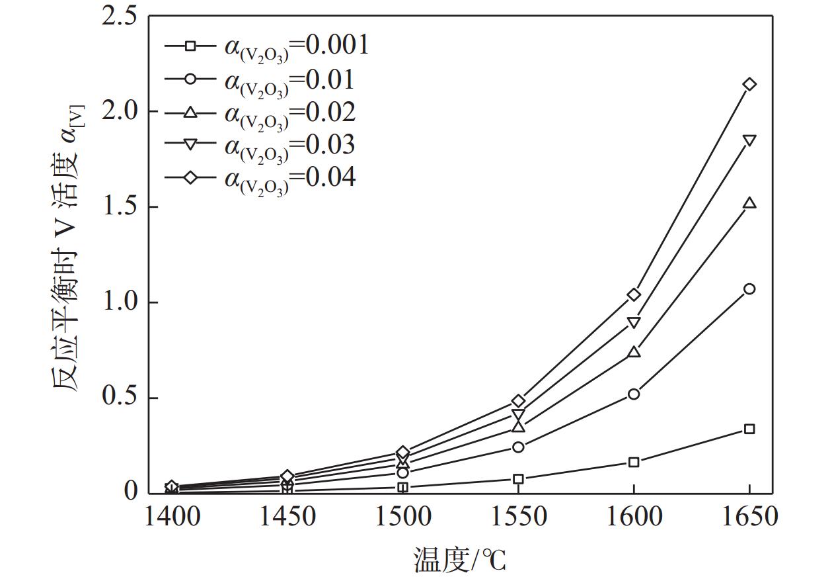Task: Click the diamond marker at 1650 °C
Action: [x=749, y=84]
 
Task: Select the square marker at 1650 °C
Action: [x=749, y=429]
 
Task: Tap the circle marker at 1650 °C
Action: [x=749, y=289]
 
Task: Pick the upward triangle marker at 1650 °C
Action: [x=749, y=203]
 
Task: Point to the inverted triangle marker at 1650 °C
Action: [x=749, y=140]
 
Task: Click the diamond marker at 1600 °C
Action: [x=634, y=294]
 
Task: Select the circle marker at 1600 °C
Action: [x=634, y=394]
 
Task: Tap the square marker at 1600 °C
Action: [x=634, y=462]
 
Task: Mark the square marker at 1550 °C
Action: [x=518, y=479]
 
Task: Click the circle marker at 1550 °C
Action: [x=518, y=447]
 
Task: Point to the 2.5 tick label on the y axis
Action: [x=120, y=16]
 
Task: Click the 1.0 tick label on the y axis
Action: [x=120, y=302]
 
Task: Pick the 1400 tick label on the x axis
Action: [x=172, y=517]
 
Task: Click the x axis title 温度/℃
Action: [x=460, y=560]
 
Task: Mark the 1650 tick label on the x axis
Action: [x=749, y=517]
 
